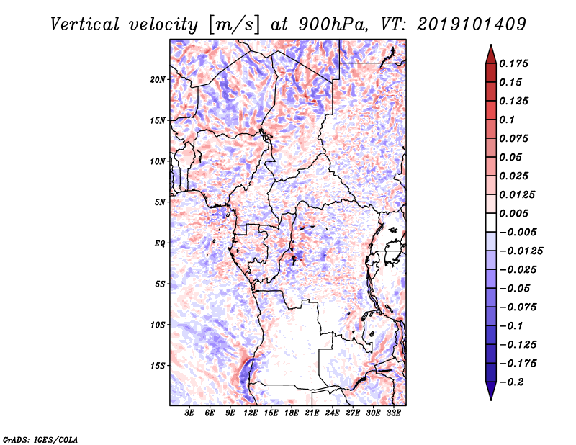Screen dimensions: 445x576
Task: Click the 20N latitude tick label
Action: click(x=158, y=79)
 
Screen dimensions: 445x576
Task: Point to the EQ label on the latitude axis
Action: click(x=160, y=243)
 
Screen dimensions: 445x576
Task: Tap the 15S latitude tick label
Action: click(x=158, y=366)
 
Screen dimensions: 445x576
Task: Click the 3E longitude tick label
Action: click(x=190, y=413)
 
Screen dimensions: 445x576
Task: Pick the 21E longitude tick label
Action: click(x=312, y=413)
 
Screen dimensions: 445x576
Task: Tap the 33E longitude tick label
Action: click(x=393, y=413)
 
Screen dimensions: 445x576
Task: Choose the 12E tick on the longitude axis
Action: click(x=251, y=413)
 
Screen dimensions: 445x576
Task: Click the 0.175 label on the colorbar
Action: click(x=515, y=63)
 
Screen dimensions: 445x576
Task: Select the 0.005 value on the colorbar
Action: click(x=515, y=213)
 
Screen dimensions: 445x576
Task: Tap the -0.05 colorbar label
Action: click(x=514, y=288)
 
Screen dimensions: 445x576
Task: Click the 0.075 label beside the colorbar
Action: click(x=515, y=138)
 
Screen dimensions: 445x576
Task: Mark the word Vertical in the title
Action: click(x=85, y=24)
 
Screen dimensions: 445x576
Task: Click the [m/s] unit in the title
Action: click(x=231, y=24)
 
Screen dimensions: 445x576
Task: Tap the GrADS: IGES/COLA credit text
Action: click(x=40, y=439)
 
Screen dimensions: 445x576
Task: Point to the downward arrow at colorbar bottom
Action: click(x=490, y=392)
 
